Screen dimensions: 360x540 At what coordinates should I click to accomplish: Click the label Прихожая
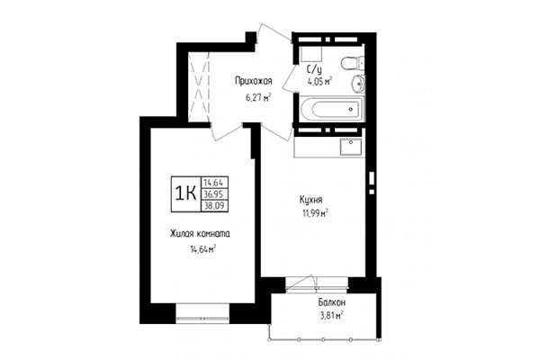253,81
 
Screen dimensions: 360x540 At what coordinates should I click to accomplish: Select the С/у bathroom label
314,69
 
